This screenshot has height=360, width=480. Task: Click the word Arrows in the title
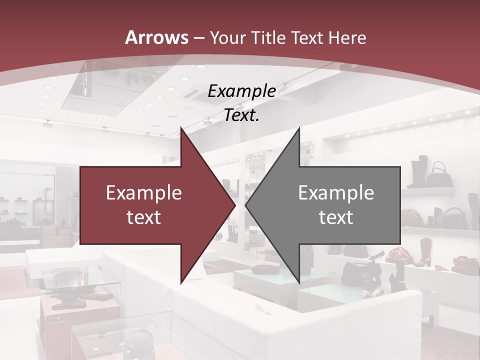tap(157, 37)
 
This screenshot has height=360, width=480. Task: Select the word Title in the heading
tap(269, 37)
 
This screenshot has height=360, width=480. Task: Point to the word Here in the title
tap(346, 37)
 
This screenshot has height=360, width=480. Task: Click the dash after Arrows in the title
tap(199, 38)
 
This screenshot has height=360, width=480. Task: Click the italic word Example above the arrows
tap(242, 91)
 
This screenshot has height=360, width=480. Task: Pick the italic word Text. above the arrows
tap(242, 115)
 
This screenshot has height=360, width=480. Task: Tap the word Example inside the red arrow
tap(144, 193)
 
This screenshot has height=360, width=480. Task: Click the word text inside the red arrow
tap(144, 217)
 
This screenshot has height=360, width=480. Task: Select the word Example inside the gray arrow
tap(336, 193)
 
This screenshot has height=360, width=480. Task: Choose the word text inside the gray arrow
tap(336, 217)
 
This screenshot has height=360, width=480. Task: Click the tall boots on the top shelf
tap(419, 171)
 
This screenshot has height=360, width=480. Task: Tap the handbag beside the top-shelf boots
tap(441, 174)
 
